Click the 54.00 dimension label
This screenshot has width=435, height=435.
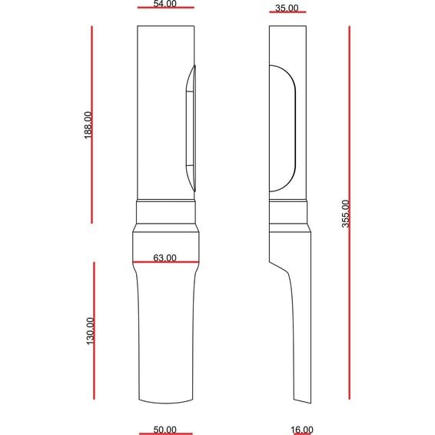[x=165, y=4]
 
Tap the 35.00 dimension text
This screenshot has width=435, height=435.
[x=287, y=8]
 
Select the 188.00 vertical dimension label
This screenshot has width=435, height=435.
[x=88, y=125]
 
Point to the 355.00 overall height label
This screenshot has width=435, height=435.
[x=346, y=214]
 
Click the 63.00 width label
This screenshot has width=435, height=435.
[x=164, y=258]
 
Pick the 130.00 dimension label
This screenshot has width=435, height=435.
[x=91, y=331]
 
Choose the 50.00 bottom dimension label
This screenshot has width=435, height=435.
[x=164, y=430]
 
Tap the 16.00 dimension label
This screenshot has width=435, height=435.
[x=302, y=430]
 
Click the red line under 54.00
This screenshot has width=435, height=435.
[x=166, y=8]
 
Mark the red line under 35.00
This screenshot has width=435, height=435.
[x=287, y=12]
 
